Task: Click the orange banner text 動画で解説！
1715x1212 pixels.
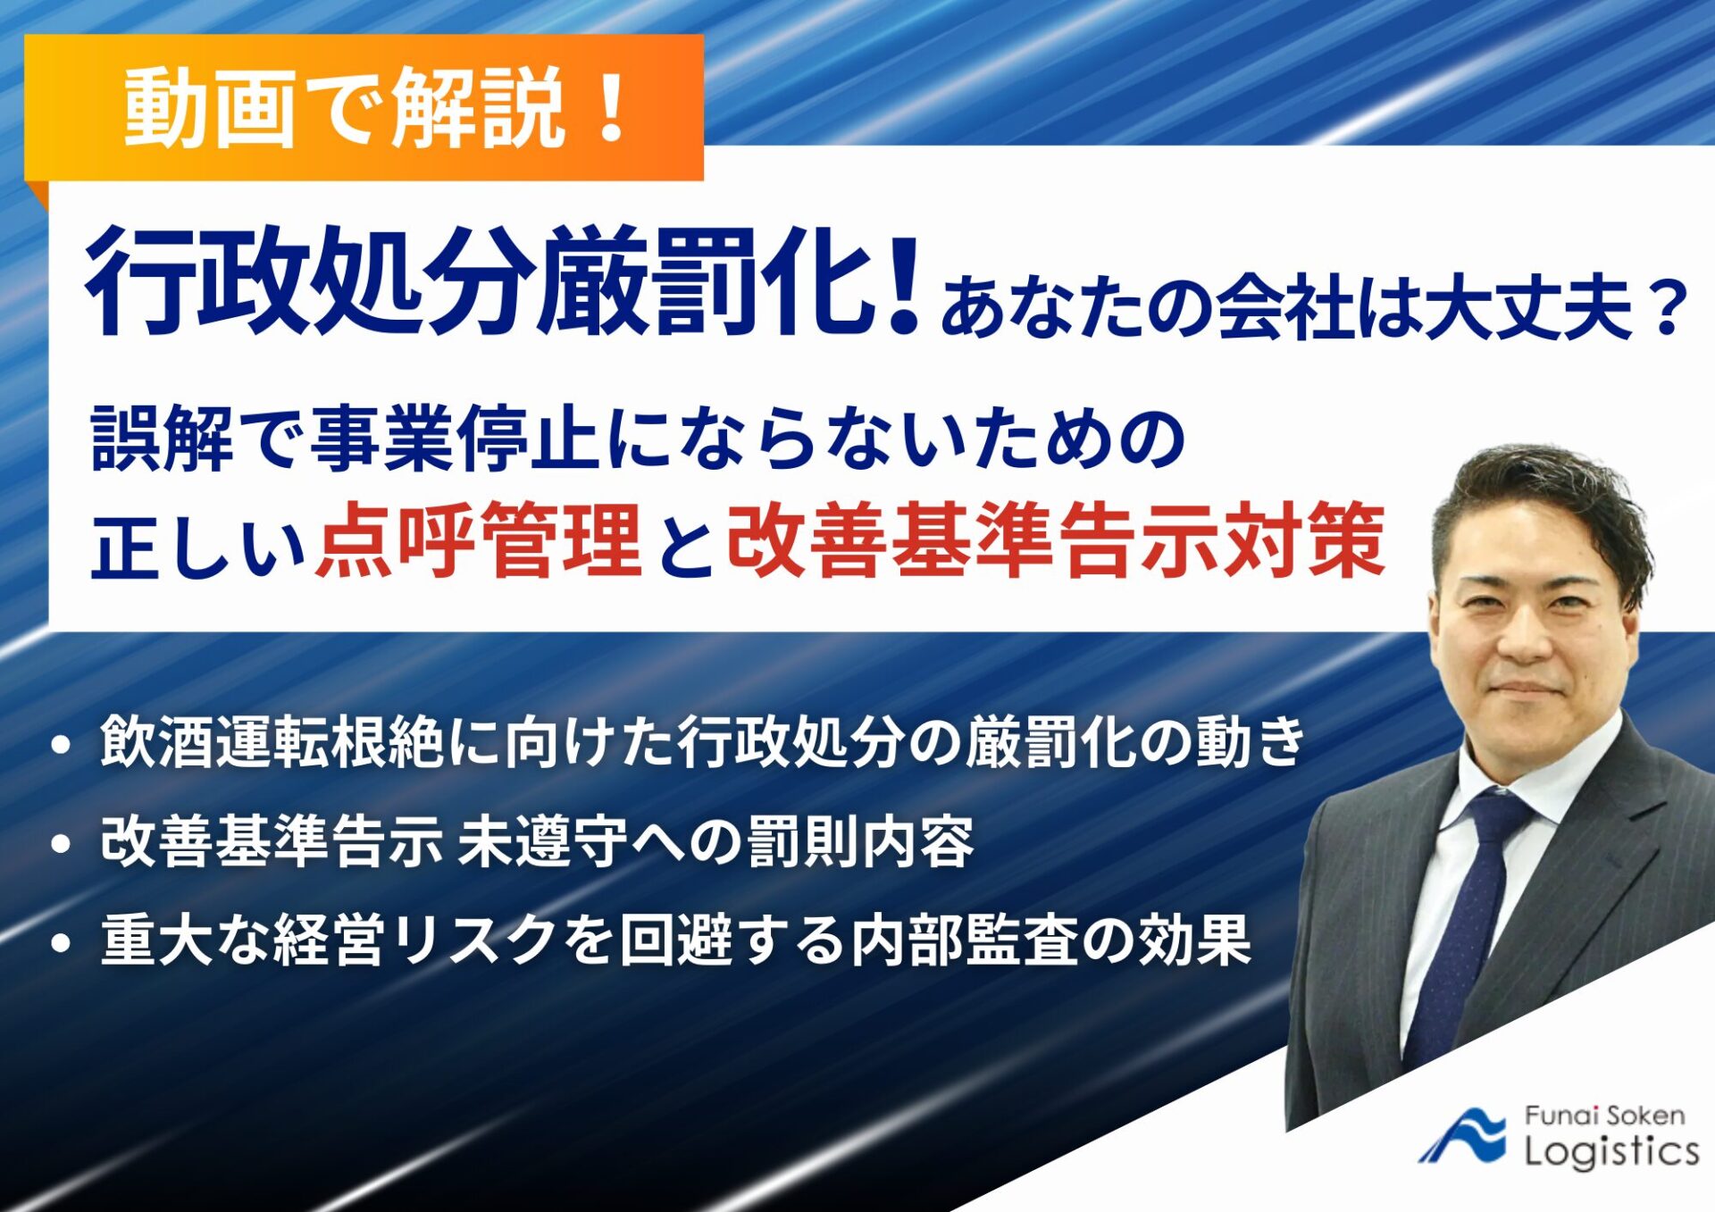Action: pyautogui.click(x=375, y=107)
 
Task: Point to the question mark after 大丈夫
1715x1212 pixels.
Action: pyautogui.click(x=1666, y=308)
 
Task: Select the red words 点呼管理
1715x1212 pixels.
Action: pyautogui.click(x=478, y=540)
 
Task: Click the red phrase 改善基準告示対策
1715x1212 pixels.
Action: pyautogui.click(x=1054, y=540)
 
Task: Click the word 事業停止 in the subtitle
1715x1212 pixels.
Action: pyautogui.click(x=456, y=438)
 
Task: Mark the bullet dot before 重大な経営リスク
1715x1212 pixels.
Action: pyautogui.click(x=61, y=943)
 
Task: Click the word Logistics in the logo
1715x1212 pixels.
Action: pyautogui.click(x=1611, y=1151)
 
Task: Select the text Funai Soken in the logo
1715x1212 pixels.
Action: pyautogui.click(x=1604, y=1116)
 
